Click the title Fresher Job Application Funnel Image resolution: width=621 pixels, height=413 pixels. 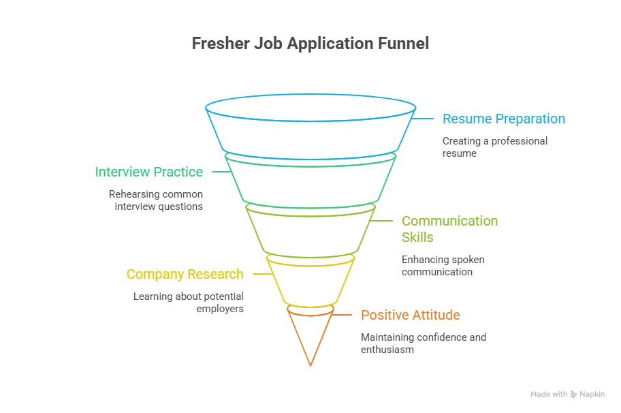pos(310,44)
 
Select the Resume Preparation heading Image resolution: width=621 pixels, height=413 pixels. pos(503,119)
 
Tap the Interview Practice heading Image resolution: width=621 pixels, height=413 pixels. pos(149,172)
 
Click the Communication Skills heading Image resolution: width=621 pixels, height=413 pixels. pos(449,229)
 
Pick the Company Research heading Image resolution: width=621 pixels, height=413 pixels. pos(185,274)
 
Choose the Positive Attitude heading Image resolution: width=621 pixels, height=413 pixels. pos(410,315)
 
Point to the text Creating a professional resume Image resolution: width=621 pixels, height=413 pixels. pos(494,147)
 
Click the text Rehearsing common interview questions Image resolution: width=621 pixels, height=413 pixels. pos(156,200)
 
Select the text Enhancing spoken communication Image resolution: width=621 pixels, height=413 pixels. pos(443,266)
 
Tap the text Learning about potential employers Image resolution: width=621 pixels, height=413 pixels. pos(189,303)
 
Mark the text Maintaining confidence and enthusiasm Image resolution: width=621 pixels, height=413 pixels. pos(423,343)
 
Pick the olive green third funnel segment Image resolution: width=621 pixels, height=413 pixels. pos(310,232)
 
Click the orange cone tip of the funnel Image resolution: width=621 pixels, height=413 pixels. pos(310,337)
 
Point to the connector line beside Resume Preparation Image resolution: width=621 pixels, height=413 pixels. pos(425,119)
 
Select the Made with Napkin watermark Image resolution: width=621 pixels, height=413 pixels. pos(567,394)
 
